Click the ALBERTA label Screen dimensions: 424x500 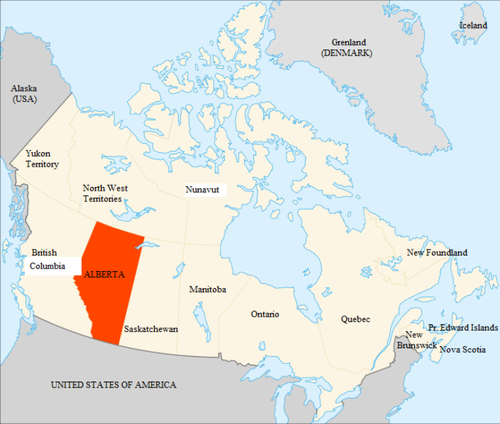(104, 274)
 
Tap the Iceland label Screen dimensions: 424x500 (473, 25)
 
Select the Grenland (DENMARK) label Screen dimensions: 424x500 (347, 48)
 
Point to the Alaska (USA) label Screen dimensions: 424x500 (24, 93)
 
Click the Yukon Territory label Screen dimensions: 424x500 (42, 159)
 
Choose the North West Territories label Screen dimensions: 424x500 (105, 193)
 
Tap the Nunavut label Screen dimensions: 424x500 (202, 189)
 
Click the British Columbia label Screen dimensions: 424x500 (46, 259)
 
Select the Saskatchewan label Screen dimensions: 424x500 (151, 329)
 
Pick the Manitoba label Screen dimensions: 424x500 (207, 289)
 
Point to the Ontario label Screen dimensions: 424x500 (265, 314)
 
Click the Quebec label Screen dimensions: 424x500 (355, 319)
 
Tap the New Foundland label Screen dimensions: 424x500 (437, 252)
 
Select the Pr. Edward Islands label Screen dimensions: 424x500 (463, 327)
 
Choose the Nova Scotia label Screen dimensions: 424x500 (463, 350)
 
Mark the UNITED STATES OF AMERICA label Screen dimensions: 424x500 (113, 385)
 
